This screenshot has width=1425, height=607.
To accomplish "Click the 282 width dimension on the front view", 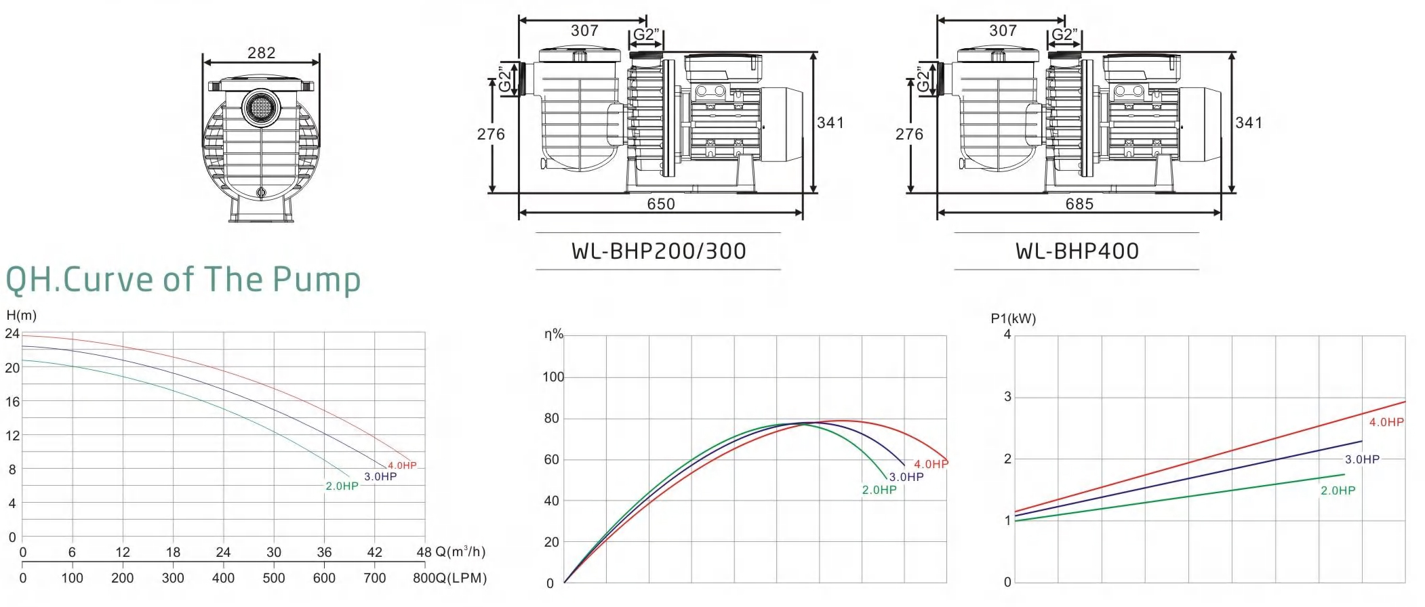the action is pyautogui.click(x=262, y=53).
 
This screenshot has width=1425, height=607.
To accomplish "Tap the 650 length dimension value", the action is pyautogui.click(x=661, y=204).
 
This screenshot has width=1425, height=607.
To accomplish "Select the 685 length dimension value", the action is pyautogui.click(x=1079, y=204).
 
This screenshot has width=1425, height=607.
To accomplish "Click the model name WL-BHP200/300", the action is pyautogui.click(x=659, y=251).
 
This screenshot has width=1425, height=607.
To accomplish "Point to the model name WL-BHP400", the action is pyautogui.click(x=1077, y=251).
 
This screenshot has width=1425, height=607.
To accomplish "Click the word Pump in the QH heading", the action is pyautogui.click(x=317, y=280).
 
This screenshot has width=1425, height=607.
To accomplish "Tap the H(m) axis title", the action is pyautogui.click(x=22, y=316).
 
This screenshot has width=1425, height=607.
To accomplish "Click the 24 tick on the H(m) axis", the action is pyautogui.click(x=12, y=333).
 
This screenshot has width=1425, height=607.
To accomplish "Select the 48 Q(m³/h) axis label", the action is pyautogui.click(x=451, y=552).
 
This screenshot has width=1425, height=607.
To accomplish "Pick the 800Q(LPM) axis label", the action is pyautogui.click(x=450, y=578).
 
